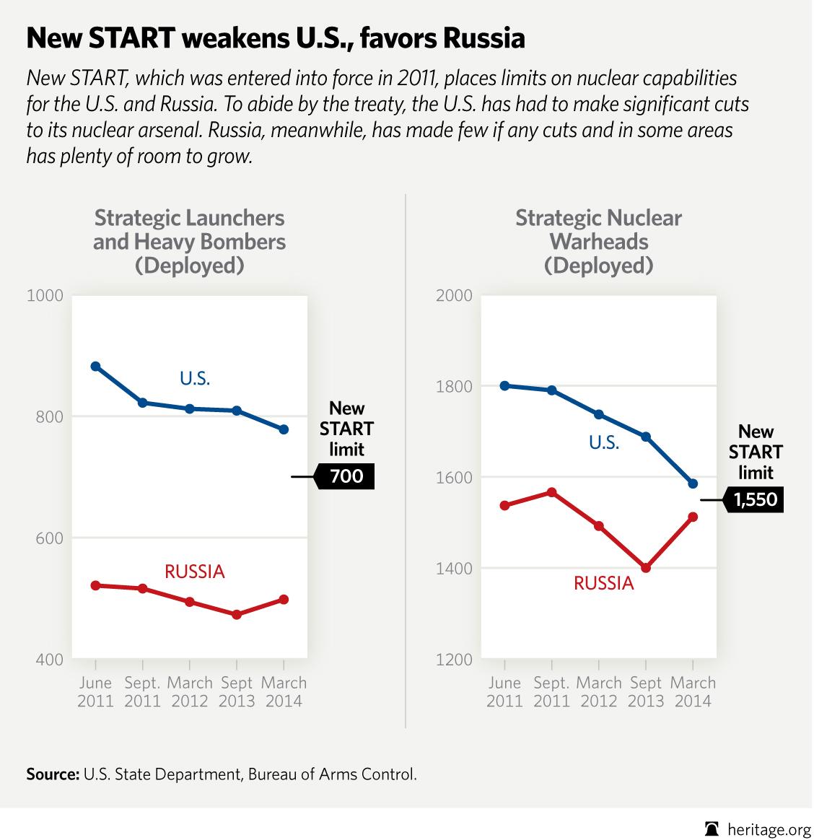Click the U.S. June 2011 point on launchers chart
coord(95,367)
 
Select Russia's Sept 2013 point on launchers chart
coord(236,614)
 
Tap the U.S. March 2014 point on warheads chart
coord(693,484)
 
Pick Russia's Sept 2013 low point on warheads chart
coord(646,568)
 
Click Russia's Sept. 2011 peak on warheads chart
coord(551,492)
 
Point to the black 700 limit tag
coord(346,477)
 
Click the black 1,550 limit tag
coord(755,499)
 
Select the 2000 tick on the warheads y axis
coord(455,295)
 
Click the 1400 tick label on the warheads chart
coord(455,569)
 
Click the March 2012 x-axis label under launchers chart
coord(190,691)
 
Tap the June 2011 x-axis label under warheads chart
coord(504,691)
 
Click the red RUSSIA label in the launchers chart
coord(195,572)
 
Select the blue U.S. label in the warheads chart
coord(604,442)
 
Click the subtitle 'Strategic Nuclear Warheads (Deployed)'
coord(598,242)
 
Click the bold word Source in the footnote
coord(52,775)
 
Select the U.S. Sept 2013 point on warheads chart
coord(646,437)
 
